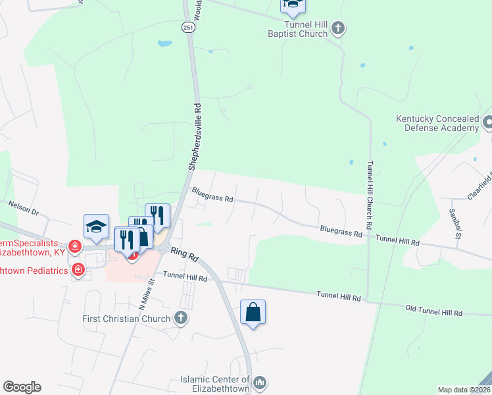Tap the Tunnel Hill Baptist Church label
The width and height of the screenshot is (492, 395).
[x=297, y=29]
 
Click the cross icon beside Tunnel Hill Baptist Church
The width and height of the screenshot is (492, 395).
[x=338, y=28]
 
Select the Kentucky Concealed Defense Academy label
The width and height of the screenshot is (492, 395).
[x=437, y=124]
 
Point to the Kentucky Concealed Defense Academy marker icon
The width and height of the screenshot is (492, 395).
[x=488, y=122]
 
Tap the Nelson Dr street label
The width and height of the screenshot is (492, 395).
[x=24, y=208]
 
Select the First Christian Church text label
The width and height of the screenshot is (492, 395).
[x=128, y=319]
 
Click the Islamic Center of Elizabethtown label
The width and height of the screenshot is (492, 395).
[x=216, y=384]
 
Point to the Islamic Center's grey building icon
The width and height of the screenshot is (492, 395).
[x=260, y=382]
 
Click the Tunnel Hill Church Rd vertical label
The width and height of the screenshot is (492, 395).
[x=370, y=195]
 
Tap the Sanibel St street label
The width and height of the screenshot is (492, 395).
[x=453, y=224]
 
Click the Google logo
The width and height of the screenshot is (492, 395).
[x=22, y=387]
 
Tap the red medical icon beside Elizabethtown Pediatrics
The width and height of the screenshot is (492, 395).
[x=78, y=269]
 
